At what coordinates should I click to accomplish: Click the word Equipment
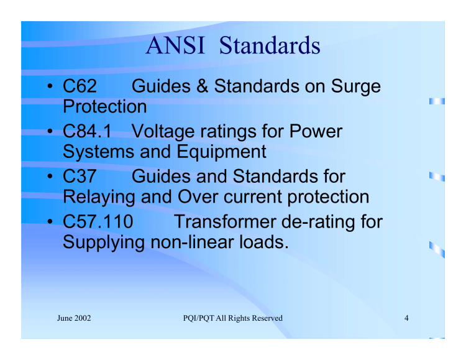[x=219, y=150]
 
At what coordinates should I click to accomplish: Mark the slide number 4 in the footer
[x=406, y=318]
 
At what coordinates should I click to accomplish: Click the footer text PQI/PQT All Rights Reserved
[x=229, y=318]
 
